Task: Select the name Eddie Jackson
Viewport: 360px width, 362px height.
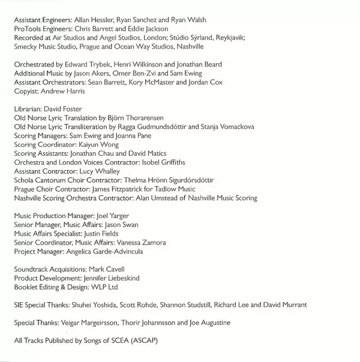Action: click(x=149, y=29)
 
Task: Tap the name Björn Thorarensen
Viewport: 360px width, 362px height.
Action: click(x=133, y=118)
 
